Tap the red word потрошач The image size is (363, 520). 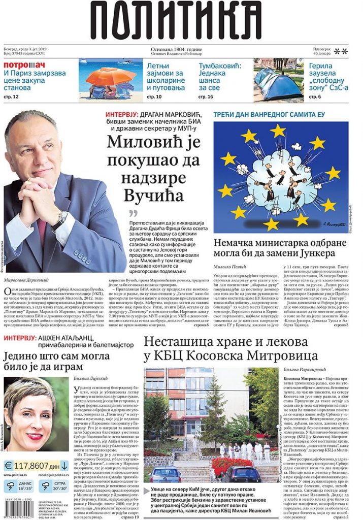[x=24, y=65]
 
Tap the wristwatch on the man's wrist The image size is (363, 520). [x=59, y=220]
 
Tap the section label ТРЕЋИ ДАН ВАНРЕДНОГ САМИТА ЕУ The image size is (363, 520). [x=269, y=115]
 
